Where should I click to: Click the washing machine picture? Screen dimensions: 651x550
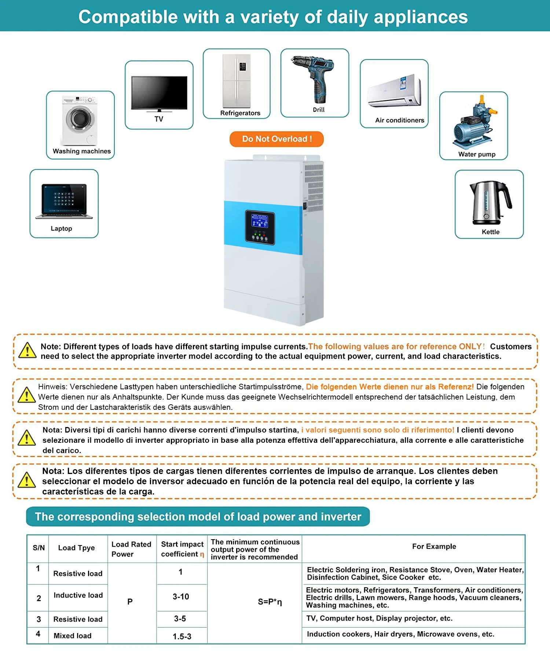[80, 121]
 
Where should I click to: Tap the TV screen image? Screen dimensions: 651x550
[159, 93]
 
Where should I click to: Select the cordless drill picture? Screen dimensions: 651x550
[315, 79]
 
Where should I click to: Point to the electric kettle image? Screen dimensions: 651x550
[489, 202]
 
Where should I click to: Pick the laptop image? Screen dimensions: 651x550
[64, 202]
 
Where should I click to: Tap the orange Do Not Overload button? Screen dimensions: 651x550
[276, 139]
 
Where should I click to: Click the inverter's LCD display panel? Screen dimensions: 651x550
[260, 221]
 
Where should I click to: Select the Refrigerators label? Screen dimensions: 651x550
[240, 113]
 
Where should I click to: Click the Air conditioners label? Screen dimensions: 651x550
[399, 120]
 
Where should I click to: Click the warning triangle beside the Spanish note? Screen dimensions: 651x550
[27, 480]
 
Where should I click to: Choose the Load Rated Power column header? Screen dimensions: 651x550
[131, 549]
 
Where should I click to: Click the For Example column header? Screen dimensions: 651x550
[434, 547]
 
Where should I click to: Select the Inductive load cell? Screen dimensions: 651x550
[78, 595]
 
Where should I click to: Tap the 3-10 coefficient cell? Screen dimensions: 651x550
[181, 597]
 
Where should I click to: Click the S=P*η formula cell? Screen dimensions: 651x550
[270, 602]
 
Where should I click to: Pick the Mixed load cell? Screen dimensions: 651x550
[73, 636]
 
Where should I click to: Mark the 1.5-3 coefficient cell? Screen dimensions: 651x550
[182, 636]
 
